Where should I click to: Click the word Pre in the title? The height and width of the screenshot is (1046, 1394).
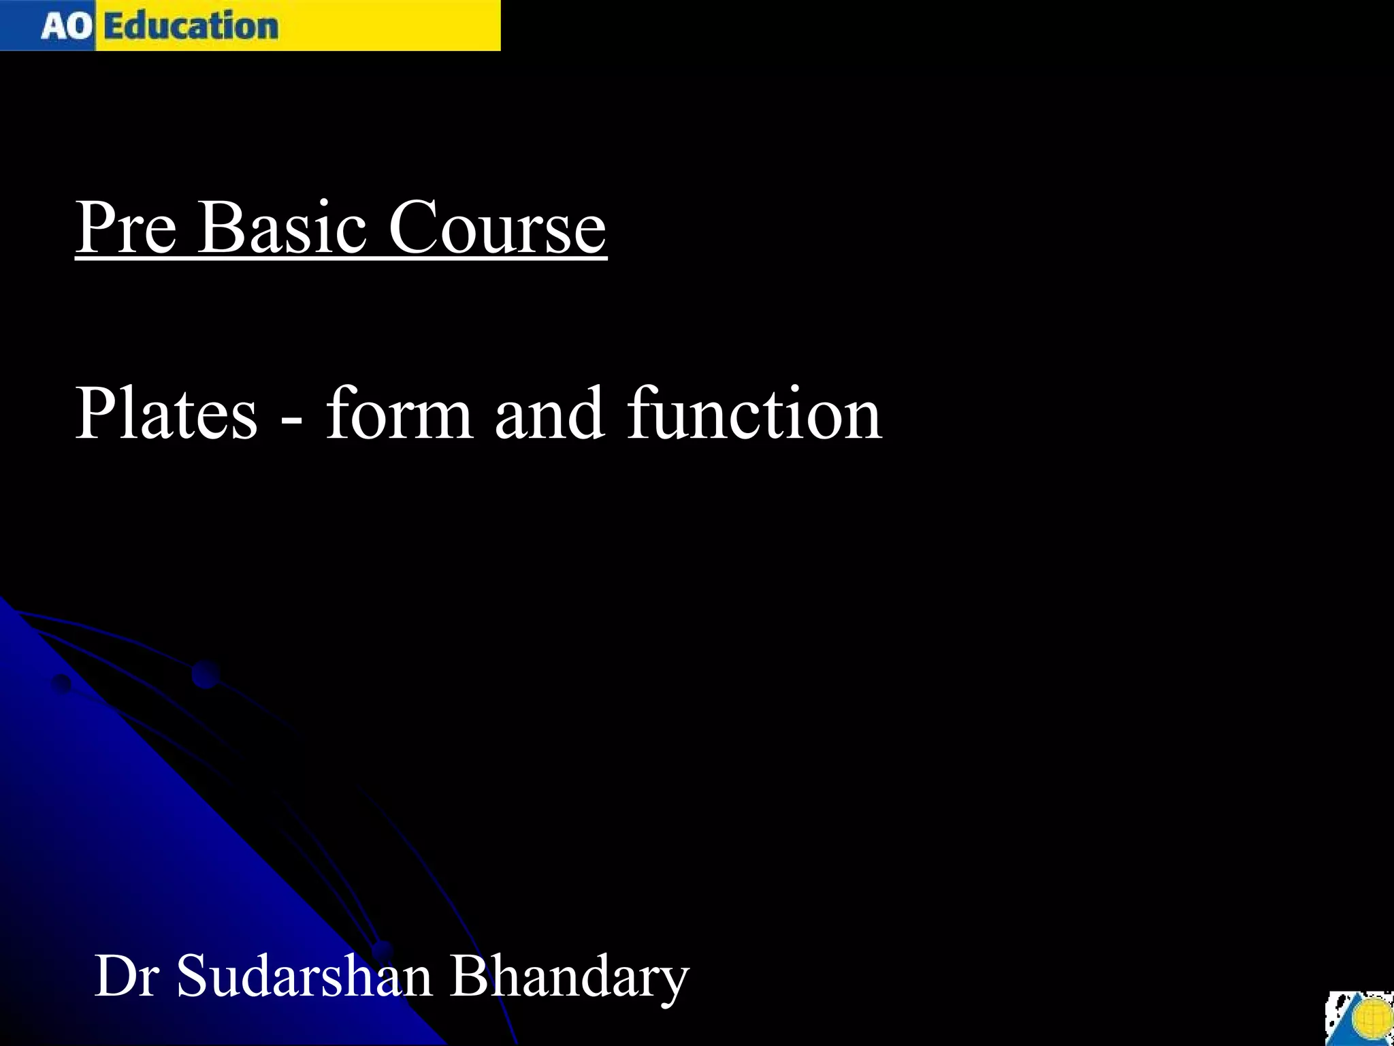click(127, 228)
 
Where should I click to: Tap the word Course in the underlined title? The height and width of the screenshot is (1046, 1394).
click(497, 228)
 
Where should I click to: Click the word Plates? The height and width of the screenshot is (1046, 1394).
click(166, 413)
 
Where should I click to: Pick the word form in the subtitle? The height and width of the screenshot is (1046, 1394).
click(399, 413)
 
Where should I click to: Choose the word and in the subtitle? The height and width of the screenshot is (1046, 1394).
click(549, 413)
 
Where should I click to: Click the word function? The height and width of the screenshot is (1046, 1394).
click(754, 413)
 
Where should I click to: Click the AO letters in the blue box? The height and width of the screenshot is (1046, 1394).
click(66, 27)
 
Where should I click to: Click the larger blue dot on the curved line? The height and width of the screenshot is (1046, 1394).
click(206, 673)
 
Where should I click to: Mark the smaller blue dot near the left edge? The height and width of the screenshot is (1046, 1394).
click(62, 683)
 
